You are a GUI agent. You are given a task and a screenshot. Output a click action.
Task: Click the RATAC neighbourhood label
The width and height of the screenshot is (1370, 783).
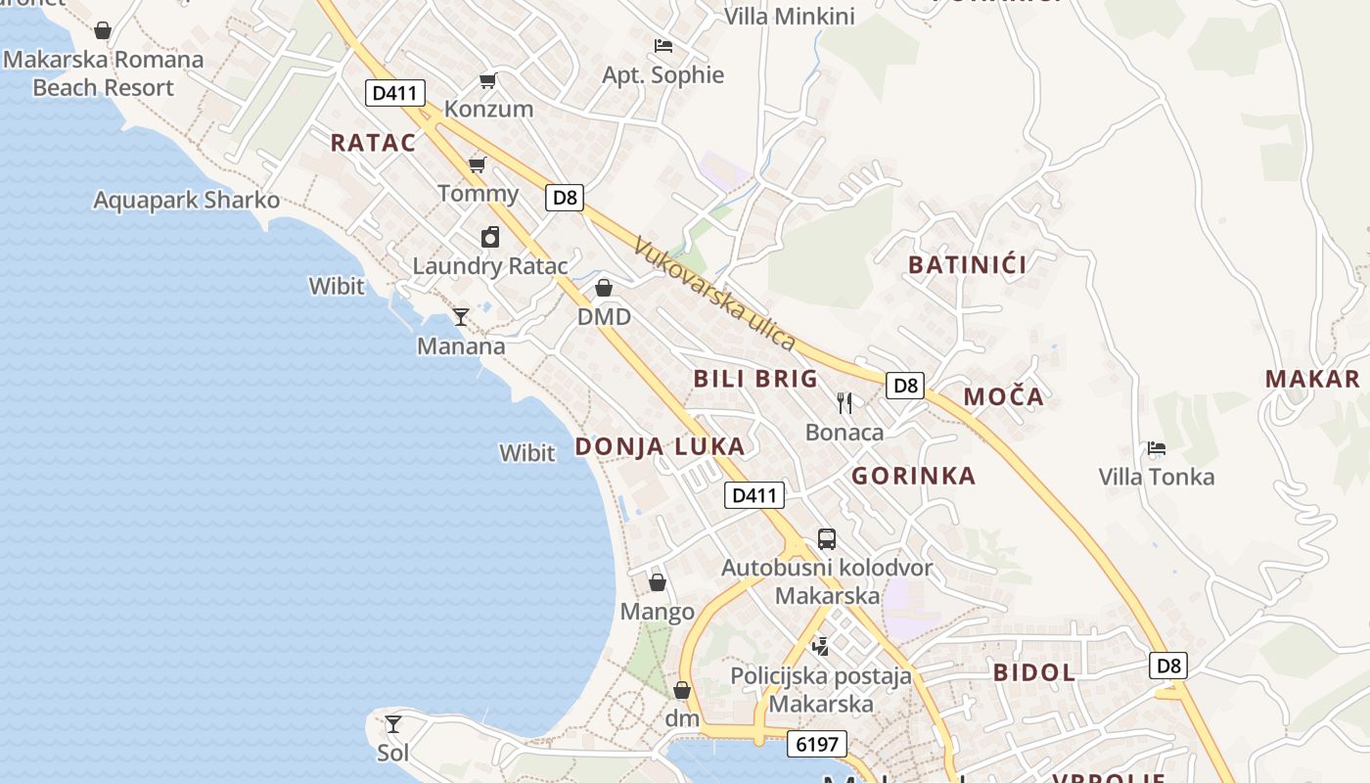pyautogui.click(x=373, y=143)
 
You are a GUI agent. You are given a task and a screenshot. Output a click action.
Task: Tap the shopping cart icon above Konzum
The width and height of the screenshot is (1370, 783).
pyautogui.click(x=487, y=80)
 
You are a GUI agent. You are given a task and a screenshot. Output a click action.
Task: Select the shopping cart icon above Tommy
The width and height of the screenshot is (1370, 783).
pyautogui.click(x=477, y=164)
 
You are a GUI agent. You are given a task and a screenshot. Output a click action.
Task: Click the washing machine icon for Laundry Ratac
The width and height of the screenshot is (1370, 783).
pyautogui.click(x=490, y=237)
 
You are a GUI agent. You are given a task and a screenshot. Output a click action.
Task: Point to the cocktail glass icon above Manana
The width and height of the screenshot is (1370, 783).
pyautogui.click(x=461, y=317)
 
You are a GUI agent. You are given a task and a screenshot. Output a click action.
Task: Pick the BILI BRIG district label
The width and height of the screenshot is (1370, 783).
pyautogui.click(x=754, y=380)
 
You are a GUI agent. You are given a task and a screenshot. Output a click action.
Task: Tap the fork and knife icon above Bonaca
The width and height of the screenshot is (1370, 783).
pyautogui.click(x=845, y=402)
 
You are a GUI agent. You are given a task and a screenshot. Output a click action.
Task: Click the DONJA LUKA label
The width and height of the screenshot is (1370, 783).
pyautogui.click(x=660, y=447)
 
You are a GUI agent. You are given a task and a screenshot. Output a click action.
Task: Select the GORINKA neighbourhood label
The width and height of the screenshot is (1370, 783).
pyautogui.click(x=913, y=477)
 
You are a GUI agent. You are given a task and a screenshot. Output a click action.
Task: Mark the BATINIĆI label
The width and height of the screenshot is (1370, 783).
pyautogui.click(x=968, y=265)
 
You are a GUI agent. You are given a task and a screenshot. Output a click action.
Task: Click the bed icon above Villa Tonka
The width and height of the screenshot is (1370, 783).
pyautogui.click(x=1157, y=449)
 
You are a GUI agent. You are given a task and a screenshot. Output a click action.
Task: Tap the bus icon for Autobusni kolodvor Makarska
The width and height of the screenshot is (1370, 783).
pyautogui.click(x=827, y=538)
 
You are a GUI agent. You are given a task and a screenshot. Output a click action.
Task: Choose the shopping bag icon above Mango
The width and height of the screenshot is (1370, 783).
pyautogui.click(x=658, y=583)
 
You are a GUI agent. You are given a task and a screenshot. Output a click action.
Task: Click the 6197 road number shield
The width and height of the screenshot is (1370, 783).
pyautogui.click(x=816, y=745)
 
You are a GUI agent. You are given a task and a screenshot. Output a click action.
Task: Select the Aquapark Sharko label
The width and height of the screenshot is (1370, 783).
pyautogui.click(x=186, y=202)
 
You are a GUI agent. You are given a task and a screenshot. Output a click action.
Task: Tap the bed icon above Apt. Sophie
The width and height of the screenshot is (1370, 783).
pyautogui.click(x=663, y=46)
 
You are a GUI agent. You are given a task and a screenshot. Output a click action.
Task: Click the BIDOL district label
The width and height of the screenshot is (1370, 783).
pyautogui.click(x=1034, y=673)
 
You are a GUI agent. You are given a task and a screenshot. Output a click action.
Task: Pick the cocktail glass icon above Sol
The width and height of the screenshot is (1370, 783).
pyautogui.click(x=393, y=724)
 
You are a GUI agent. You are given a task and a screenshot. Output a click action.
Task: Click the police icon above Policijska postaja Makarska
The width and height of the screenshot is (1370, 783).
pyautogui.click(x=820, y=646)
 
